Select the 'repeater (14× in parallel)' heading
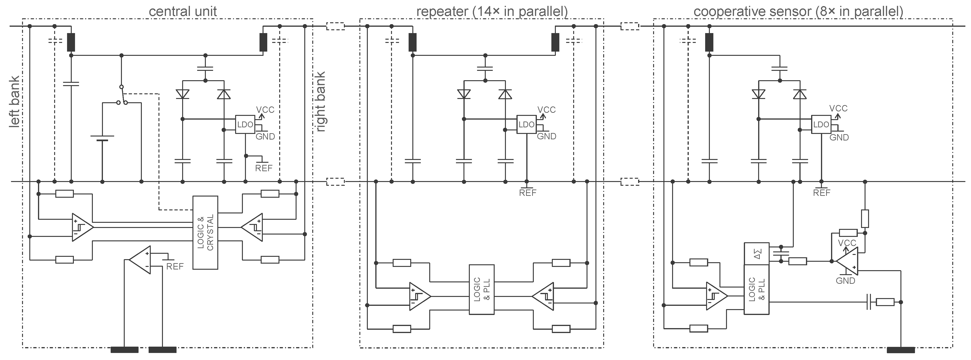pyautogui.click(x=492, y=11)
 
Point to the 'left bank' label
pyautogui.click(x=14, y=102)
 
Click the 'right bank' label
pyautogui.click(x=320, y=102)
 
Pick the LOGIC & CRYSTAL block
pyautogui.click(x=205, y=232)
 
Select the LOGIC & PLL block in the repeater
pyautogui.click(x=481, y=289)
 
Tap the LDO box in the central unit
pyautogui.click(x=245, y=124)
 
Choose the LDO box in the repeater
pyautogui.click(x=526, y=124)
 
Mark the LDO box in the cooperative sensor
pyautogui.click(x=821, y=124)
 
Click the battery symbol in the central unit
pyautogui.click(x=102, y=138)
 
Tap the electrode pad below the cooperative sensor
pyautogui.click(x=900, y=350)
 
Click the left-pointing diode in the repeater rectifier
pyautogui.click(x=464, y=94)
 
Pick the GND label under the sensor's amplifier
pyautogui.click(x=845, y=281)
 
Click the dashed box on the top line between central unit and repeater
pyautogui.click(x=335, y=27)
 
